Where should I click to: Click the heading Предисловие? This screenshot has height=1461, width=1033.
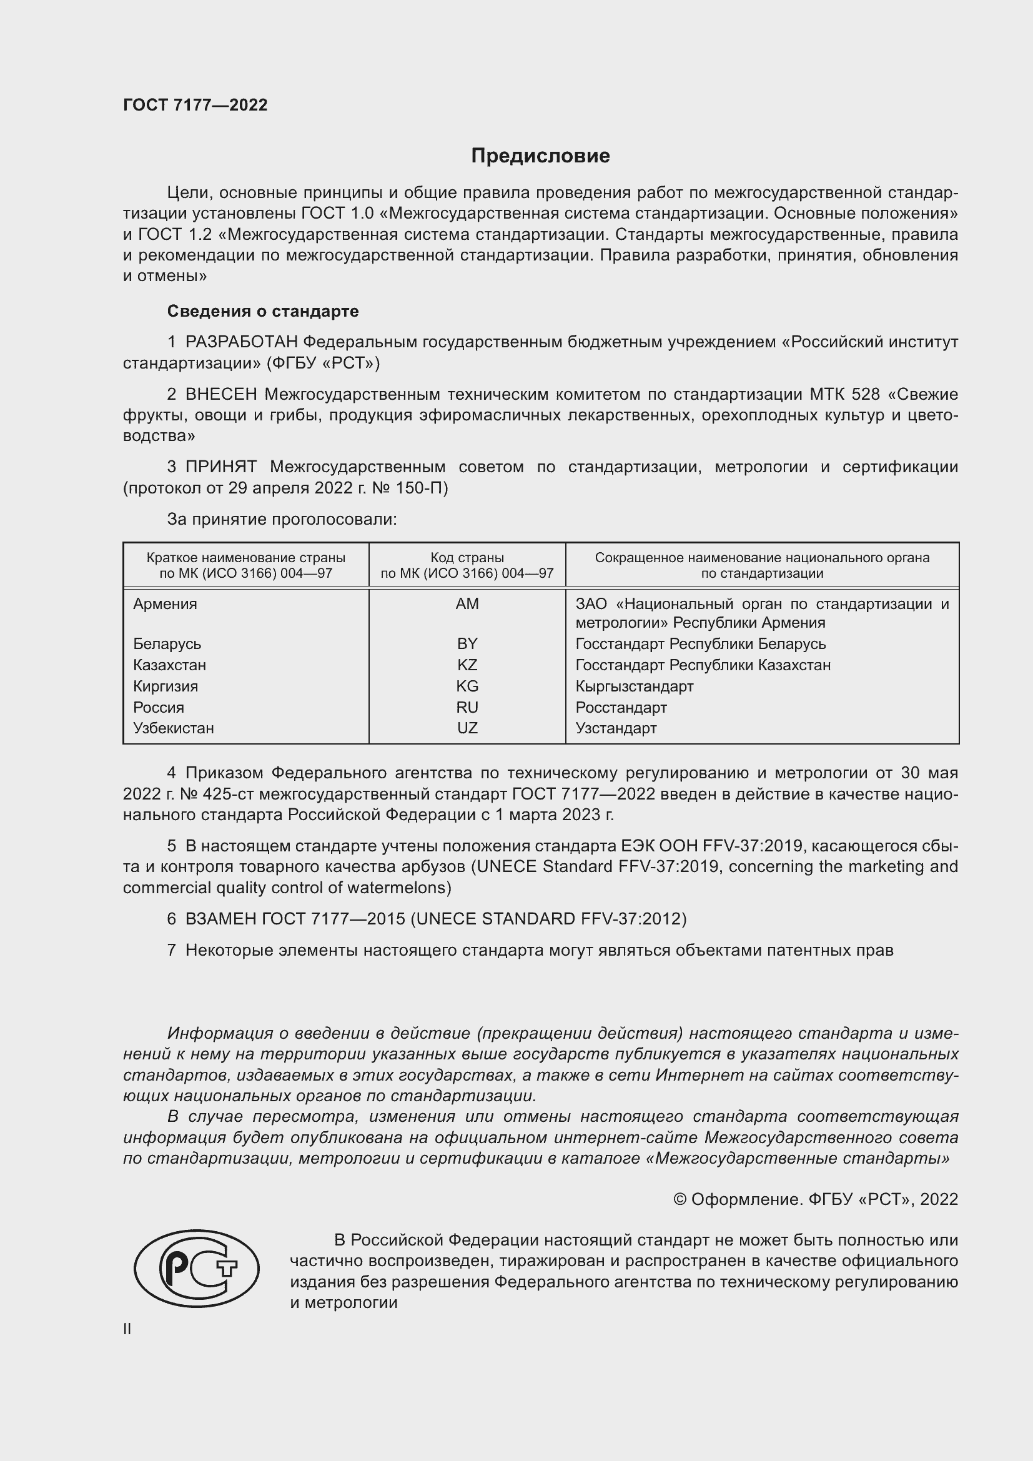tap(540, 156)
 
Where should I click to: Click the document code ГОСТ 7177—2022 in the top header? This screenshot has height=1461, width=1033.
tap(195, 105)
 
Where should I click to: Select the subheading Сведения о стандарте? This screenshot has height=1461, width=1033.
tap(263, 311)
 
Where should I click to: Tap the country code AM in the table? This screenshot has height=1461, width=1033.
tap(467, 604)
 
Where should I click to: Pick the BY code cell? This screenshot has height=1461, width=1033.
tap(467, 643)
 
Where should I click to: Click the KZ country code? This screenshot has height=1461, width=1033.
tap(467, 665)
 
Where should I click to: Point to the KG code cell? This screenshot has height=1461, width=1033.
tap(467, 686)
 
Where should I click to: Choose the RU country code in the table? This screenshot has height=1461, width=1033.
tap(467, 707)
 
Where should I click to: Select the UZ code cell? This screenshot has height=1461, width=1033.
tap(467, 728)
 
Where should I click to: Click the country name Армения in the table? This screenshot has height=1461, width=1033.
tap(165, 604)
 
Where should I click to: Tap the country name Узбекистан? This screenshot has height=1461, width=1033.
tap(173, 728)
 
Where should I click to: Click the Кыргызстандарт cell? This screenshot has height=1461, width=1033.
tap(634, 686)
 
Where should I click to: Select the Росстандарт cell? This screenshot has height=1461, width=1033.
tap(621, 707)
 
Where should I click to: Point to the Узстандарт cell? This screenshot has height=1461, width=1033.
tap(616, 728)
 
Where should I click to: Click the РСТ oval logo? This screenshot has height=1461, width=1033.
tap(197, 1268)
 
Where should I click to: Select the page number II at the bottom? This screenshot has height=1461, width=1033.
tap(127, 1329)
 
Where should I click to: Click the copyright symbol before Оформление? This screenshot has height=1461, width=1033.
tap(680, 1199)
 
